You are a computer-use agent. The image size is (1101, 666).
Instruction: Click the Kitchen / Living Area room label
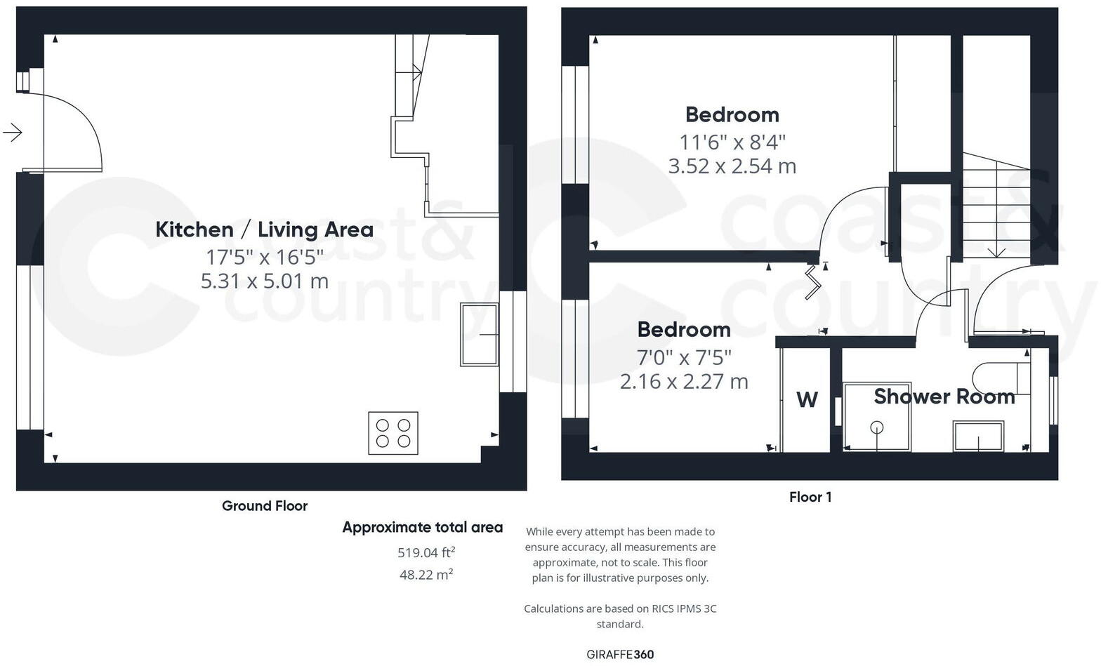point(264,229)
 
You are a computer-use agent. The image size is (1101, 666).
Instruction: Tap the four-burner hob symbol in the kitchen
point(393,433)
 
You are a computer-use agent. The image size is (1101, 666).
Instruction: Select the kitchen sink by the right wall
point(479,334)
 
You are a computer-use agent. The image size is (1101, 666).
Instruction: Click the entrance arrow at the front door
point(13,132)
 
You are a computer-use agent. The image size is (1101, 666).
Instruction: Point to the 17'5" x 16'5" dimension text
point(264,257)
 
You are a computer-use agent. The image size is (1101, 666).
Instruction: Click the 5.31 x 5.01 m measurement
point(264,281)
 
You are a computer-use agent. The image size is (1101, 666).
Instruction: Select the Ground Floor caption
point(264,506)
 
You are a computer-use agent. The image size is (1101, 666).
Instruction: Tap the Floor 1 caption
point(810,497)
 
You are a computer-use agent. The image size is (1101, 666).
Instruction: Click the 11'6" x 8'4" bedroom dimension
point(732,142)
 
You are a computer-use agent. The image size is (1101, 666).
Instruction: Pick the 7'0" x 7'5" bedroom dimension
point(683,357)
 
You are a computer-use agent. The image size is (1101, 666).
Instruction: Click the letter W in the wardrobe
point(807,399)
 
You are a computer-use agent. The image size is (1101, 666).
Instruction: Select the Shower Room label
point(944,397)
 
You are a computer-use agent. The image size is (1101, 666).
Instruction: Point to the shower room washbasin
point(977,436)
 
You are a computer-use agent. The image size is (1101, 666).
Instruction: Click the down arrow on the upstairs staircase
point(996,251)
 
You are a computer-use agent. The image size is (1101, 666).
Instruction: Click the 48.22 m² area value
point(426,575)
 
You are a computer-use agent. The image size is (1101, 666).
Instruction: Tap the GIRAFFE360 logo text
point(620,655)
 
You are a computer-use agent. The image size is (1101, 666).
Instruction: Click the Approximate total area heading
point(422,528)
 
